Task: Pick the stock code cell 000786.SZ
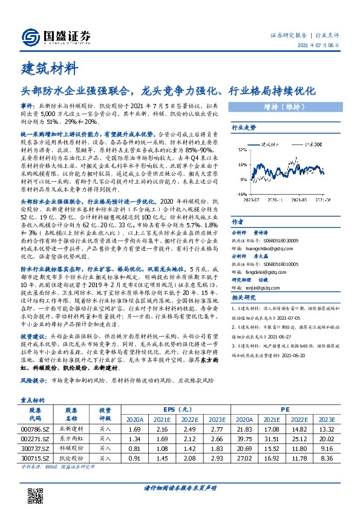click(x=35, y=428)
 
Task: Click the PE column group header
click(x=285, y=408)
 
